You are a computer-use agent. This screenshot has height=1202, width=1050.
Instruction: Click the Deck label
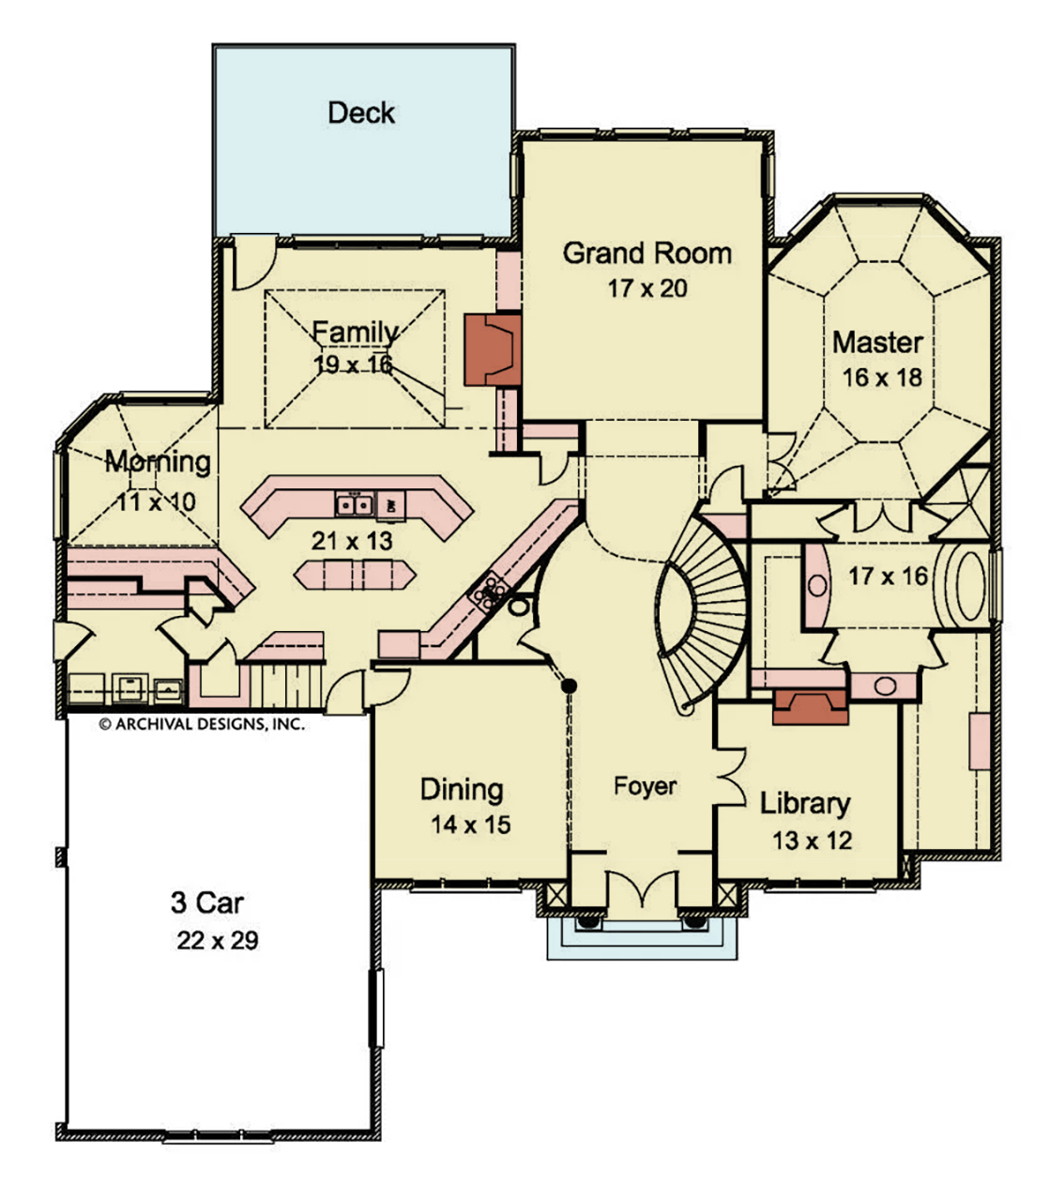(x=361, y=113)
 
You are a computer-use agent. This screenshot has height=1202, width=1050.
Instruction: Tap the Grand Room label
(x=647, y=254)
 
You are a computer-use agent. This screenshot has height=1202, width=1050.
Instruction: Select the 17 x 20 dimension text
(x=647, y=288)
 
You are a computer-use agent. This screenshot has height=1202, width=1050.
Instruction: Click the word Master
(x=877, y=343)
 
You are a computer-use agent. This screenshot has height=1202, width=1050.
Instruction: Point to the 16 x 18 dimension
(x=882, y=378)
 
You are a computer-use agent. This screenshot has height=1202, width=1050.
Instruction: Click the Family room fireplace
(x=493, y=349)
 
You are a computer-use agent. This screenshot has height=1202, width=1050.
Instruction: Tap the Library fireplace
(x=810, y=707)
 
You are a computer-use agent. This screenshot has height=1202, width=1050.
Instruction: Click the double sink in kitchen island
(x=354, y=504)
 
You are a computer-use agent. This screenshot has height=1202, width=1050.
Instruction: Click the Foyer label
(x=645, y=787)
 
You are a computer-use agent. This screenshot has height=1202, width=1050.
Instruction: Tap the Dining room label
(x=462, y=790)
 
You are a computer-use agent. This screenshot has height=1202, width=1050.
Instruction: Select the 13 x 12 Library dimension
(x=812, y=840)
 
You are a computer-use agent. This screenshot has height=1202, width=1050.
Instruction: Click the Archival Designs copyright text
(x=202, y=724)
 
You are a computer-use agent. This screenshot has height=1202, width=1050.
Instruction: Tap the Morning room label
(x=158, y=462)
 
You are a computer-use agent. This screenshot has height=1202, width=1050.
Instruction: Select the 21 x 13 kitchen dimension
(x=352, y=541)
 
